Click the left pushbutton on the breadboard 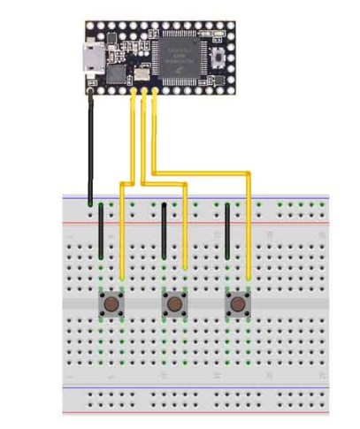click(x=111, y=305)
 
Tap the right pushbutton click(x=238, y=305)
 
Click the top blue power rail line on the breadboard click(x=195, y=197)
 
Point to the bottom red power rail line click(x=195, y=413)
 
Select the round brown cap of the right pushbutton click(x=238, y=305)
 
